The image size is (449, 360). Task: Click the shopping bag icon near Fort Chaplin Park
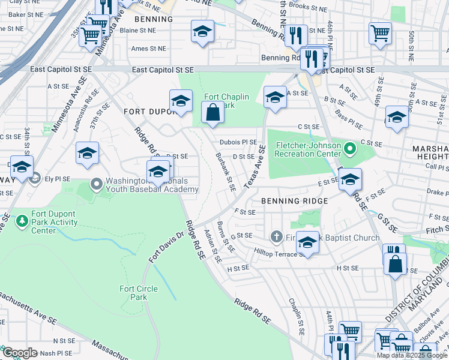[213, 112]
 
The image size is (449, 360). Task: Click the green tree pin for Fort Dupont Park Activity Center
[22, 222]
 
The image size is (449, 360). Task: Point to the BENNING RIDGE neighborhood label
[294, 200]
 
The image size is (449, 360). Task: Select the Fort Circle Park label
[139, 293]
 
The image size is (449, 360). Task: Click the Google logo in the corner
[19, 353]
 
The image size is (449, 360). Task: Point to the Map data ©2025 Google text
[412, 355]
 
